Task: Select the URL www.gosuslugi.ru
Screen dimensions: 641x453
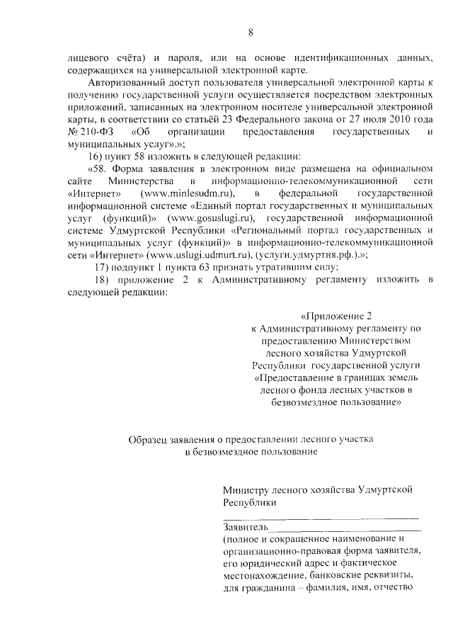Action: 209,218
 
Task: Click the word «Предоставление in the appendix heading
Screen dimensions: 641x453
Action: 297,378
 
